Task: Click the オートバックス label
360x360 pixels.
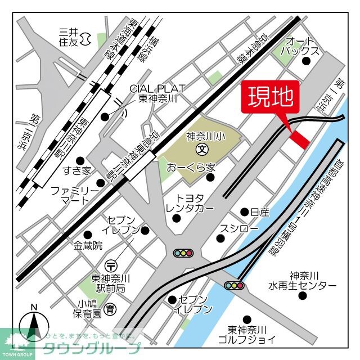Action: [303, 46]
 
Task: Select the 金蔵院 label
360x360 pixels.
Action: [88, 245]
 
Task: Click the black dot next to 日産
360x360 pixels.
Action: [244, 212]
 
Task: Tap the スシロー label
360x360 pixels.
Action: [238, 229]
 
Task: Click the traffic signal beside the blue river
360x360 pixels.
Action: [235, 285]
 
